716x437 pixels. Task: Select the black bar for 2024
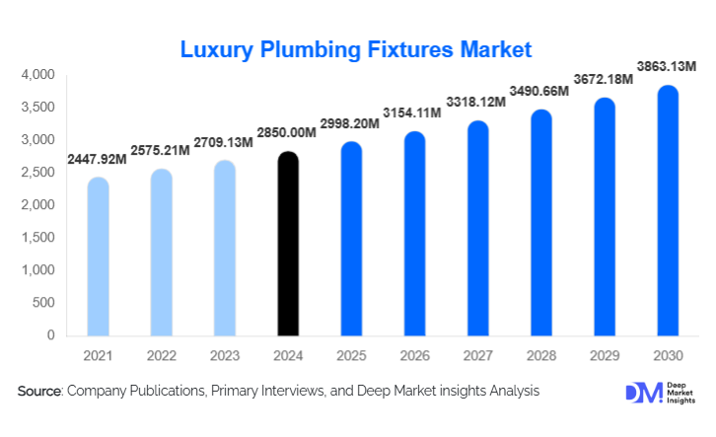[288, 245]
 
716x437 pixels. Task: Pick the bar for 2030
[668, 211]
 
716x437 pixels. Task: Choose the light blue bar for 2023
[225, 249]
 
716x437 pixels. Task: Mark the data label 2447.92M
[97, 159]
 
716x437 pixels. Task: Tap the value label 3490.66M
[540, 92]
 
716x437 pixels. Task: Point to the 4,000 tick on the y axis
[36, 75]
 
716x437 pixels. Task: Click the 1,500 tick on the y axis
[36, 238]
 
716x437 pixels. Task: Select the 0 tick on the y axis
[49, 335]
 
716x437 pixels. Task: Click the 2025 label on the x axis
[351, 355]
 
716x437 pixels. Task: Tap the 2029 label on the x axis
[605, 355]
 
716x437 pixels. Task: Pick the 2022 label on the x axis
[161, 355]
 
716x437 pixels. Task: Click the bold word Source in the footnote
[39, 392]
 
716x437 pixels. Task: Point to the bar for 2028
[540, 223]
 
